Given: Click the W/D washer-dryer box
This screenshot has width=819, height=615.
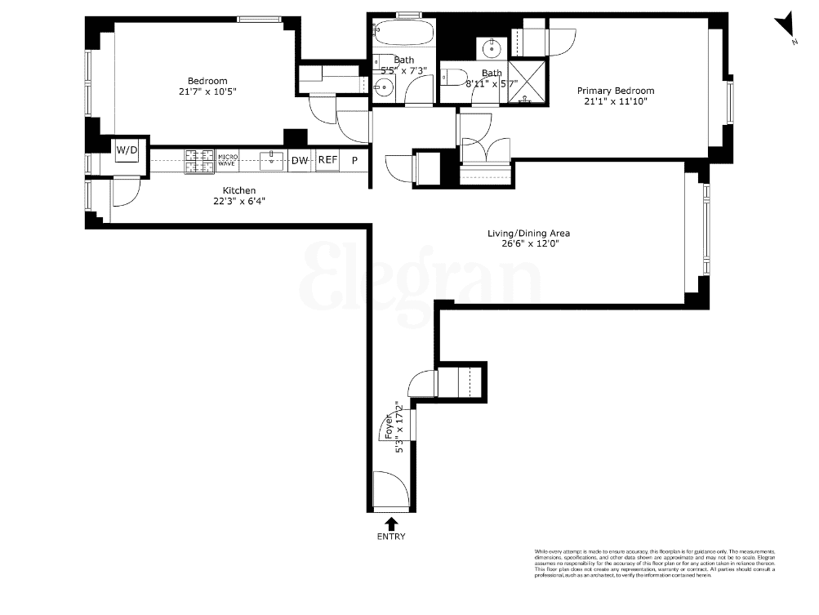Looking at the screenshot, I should pyautogui.click(x=126, y=150).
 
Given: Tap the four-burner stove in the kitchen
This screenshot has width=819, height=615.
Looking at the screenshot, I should pyautogui.click(x=199, y=161).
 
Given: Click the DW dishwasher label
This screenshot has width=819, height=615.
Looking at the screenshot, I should pyautogui.click(x=300, y=161).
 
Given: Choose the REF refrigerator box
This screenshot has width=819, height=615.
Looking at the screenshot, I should pyautogui.click(x=327, y=161).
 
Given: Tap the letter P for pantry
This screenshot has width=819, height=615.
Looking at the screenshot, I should pyautogui.click(x=354, y=161).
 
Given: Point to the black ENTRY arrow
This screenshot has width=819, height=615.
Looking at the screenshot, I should pyautogui.click(x=391, y=523).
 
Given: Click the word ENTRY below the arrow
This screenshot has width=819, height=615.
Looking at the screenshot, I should pyautogui.click(x=391, y=537).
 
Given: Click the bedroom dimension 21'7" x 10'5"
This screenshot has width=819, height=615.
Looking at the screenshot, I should pyautogui.click(x=207, y=91).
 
